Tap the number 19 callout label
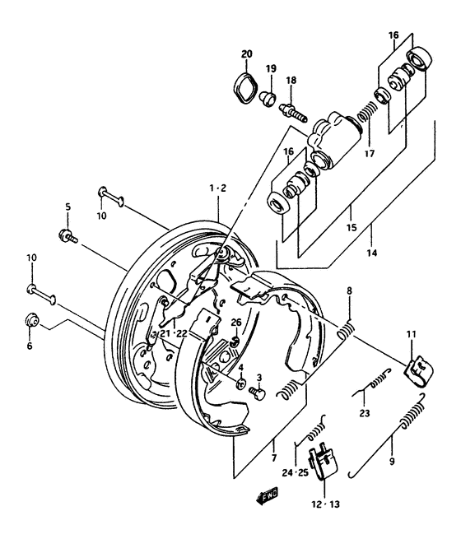point(271,69)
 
